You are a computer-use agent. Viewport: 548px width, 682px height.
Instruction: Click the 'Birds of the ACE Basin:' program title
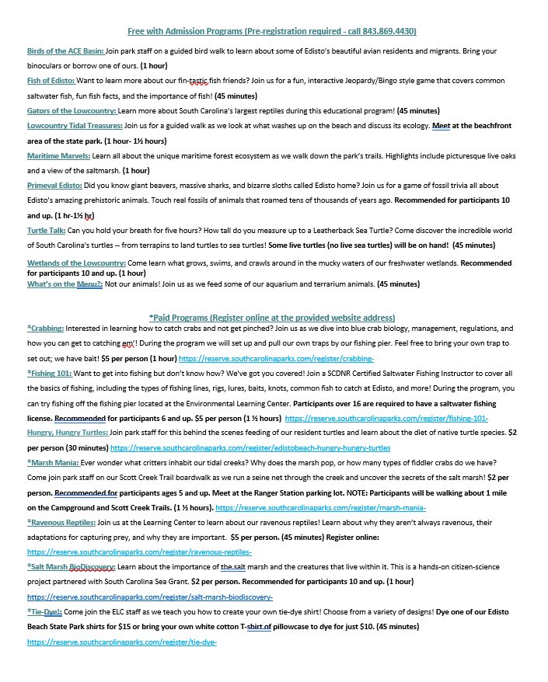65,51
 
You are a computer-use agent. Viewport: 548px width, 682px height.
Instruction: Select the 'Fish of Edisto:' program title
51,81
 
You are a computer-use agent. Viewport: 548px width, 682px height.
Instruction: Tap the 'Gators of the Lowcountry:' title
72,110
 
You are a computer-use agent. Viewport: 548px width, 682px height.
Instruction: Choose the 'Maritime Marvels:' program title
58,155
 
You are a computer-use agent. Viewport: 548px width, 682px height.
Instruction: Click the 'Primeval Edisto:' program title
54,186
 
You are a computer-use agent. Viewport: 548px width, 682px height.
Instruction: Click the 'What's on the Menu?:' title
65,284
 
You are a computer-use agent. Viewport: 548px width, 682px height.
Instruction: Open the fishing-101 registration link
375,419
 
